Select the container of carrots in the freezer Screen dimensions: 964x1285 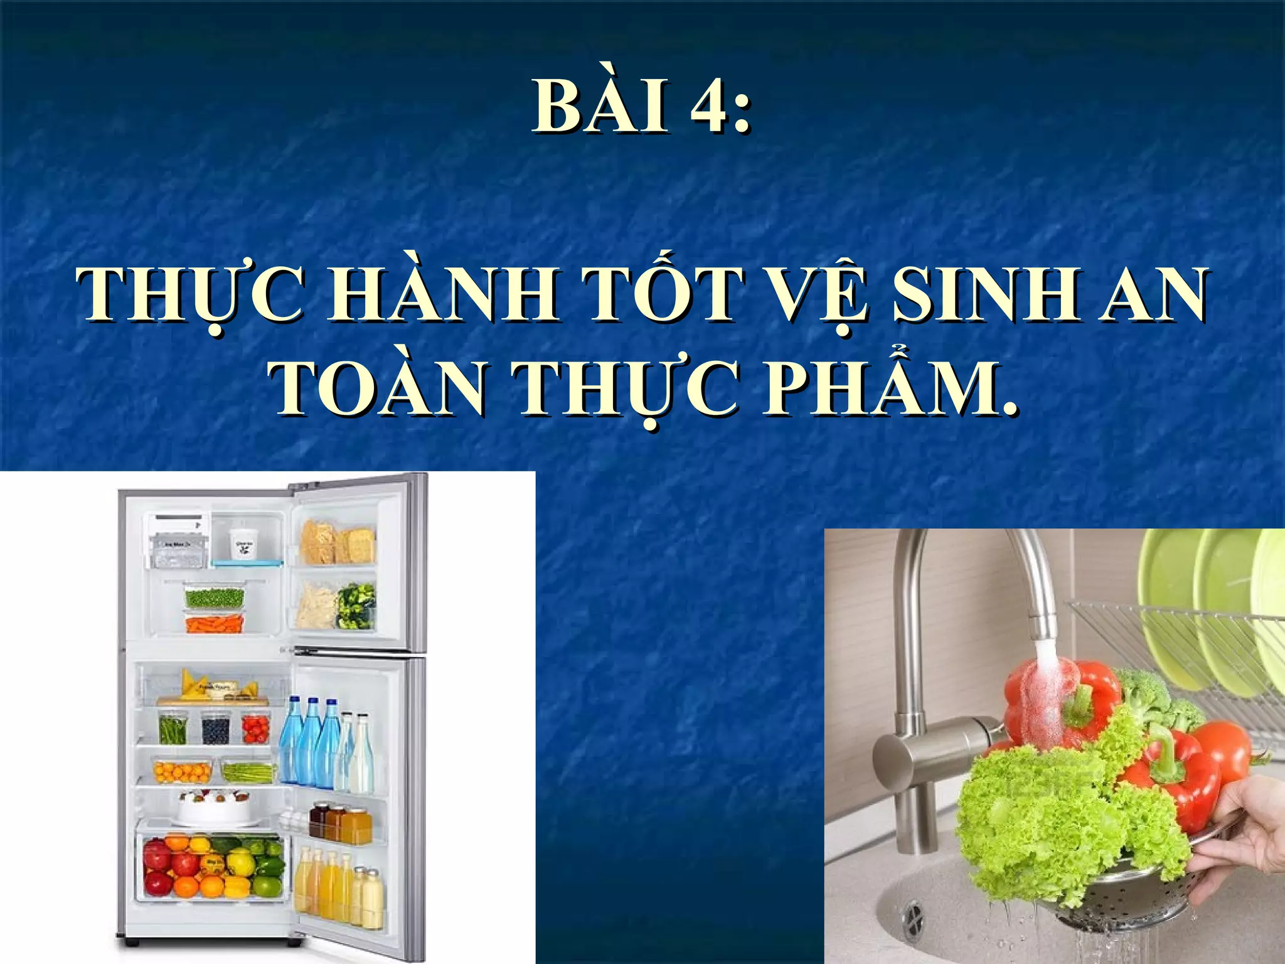[x=214, y=623]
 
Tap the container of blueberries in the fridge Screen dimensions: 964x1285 [x=216, y=729]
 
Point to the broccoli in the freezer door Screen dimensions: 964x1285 [x=356, y=605]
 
